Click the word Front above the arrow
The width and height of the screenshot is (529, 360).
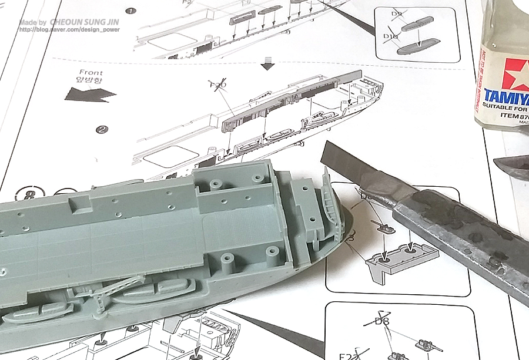[x=90, y=72]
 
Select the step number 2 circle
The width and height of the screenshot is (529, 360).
[x=101, y=130]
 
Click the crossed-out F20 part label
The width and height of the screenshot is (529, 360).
[x=217, y=86]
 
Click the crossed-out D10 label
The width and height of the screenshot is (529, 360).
[x=391, y=37]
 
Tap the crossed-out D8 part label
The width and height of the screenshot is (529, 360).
[x=383, y=321]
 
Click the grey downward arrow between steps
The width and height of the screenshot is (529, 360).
[x=269, y=63]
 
